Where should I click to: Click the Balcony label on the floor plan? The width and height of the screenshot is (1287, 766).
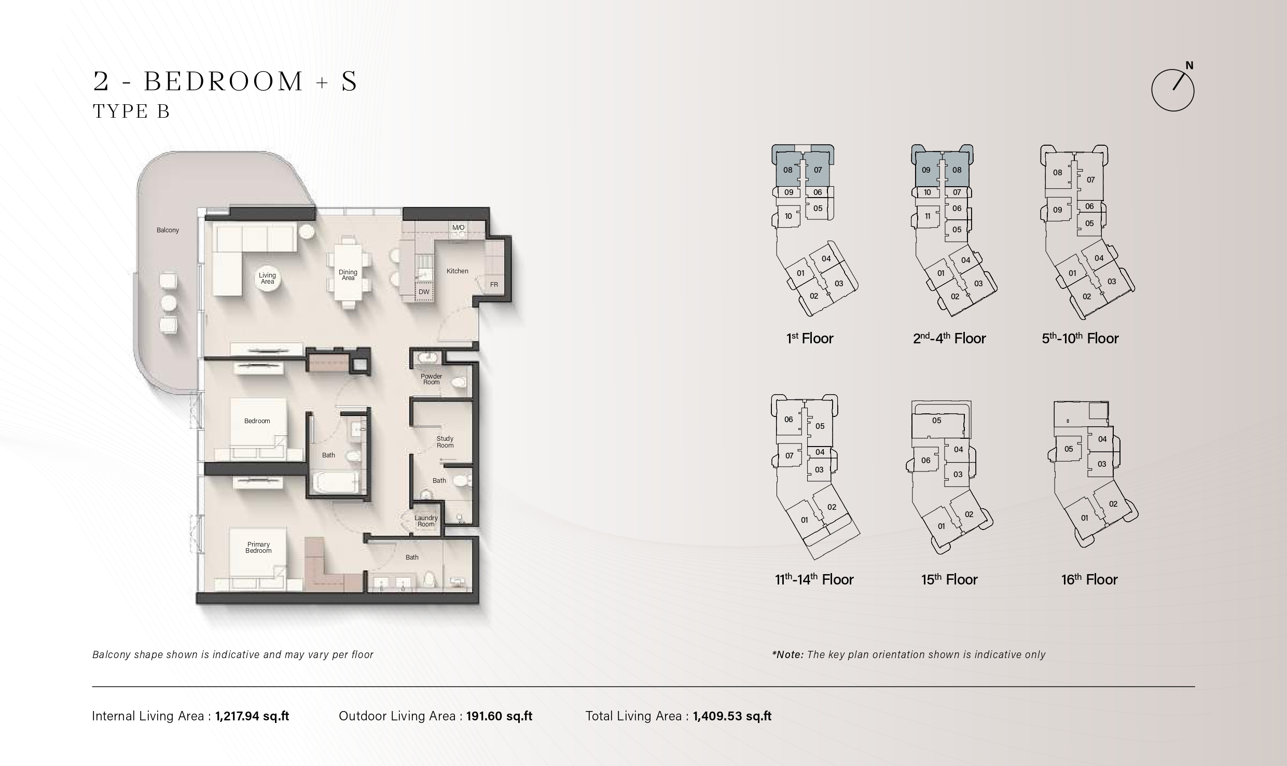pyautogui.click(x=168, y=230)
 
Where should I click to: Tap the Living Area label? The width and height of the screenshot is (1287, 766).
pyautogui.click(x=268, y=278)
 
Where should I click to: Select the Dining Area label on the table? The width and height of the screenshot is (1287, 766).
pyautogui.click(x=348, y=275)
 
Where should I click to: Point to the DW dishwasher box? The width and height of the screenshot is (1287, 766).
pyautogui.click(x=424, y=292)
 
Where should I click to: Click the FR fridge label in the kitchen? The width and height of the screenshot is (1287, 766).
pyautogui.click(x=494, y=285)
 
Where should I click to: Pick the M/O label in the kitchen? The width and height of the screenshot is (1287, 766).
pyautogui.click(x=459, y=228)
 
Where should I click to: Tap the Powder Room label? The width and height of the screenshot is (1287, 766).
pyautogui.click(x=432, y=379)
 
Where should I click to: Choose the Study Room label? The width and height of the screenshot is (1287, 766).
pyautogui.click(x=445, y=442)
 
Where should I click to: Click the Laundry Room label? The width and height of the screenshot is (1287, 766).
pyautogui.click(x=426, y=521)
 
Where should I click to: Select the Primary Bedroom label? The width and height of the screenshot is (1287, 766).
pyautogui.click(x=258, y=548)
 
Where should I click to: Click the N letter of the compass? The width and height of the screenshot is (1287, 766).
pyautogui.click(x=1189, y=66)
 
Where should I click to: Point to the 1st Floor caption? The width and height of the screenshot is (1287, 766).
pyautogui.click(x=810, y=339)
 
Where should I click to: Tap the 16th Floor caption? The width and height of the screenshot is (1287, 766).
pyautogui.click(x=1089, y=579)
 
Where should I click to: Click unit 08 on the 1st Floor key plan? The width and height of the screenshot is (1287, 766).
pyautogui.click(x=788, y=170)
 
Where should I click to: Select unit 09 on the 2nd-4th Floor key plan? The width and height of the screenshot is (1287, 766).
pyautogui.click(x=926, y=170)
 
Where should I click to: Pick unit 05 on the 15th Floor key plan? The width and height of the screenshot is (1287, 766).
pyautogui.click(x=936, y=421)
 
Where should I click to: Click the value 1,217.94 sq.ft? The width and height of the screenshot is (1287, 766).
pyautogui.click(x=252, y=716)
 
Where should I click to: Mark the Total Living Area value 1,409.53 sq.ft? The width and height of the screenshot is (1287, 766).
pyautogui.click(x=732, y=716)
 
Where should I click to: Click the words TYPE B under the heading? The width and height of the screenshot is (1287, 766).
pyautogui.click(x=131, y=112)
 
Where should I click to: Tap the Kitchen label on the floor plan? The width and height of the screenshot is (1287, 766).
pyautogui.click(x=458, y=271)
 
